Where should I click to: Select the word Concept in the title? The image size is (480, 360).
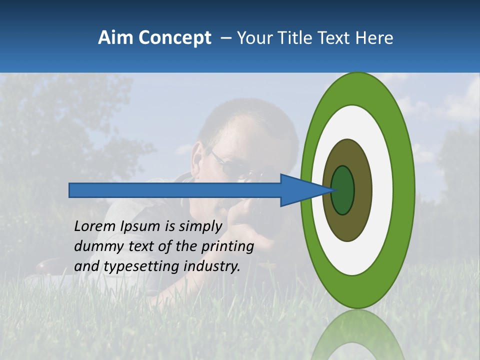pyautogui.click(x=175, y=38)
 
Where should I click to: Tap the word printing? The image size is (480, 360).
pyautogui.click(x=227, y=246)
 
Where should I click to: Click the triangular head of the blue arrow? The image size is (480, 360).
pyautogui.click(x=300, y=190)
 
